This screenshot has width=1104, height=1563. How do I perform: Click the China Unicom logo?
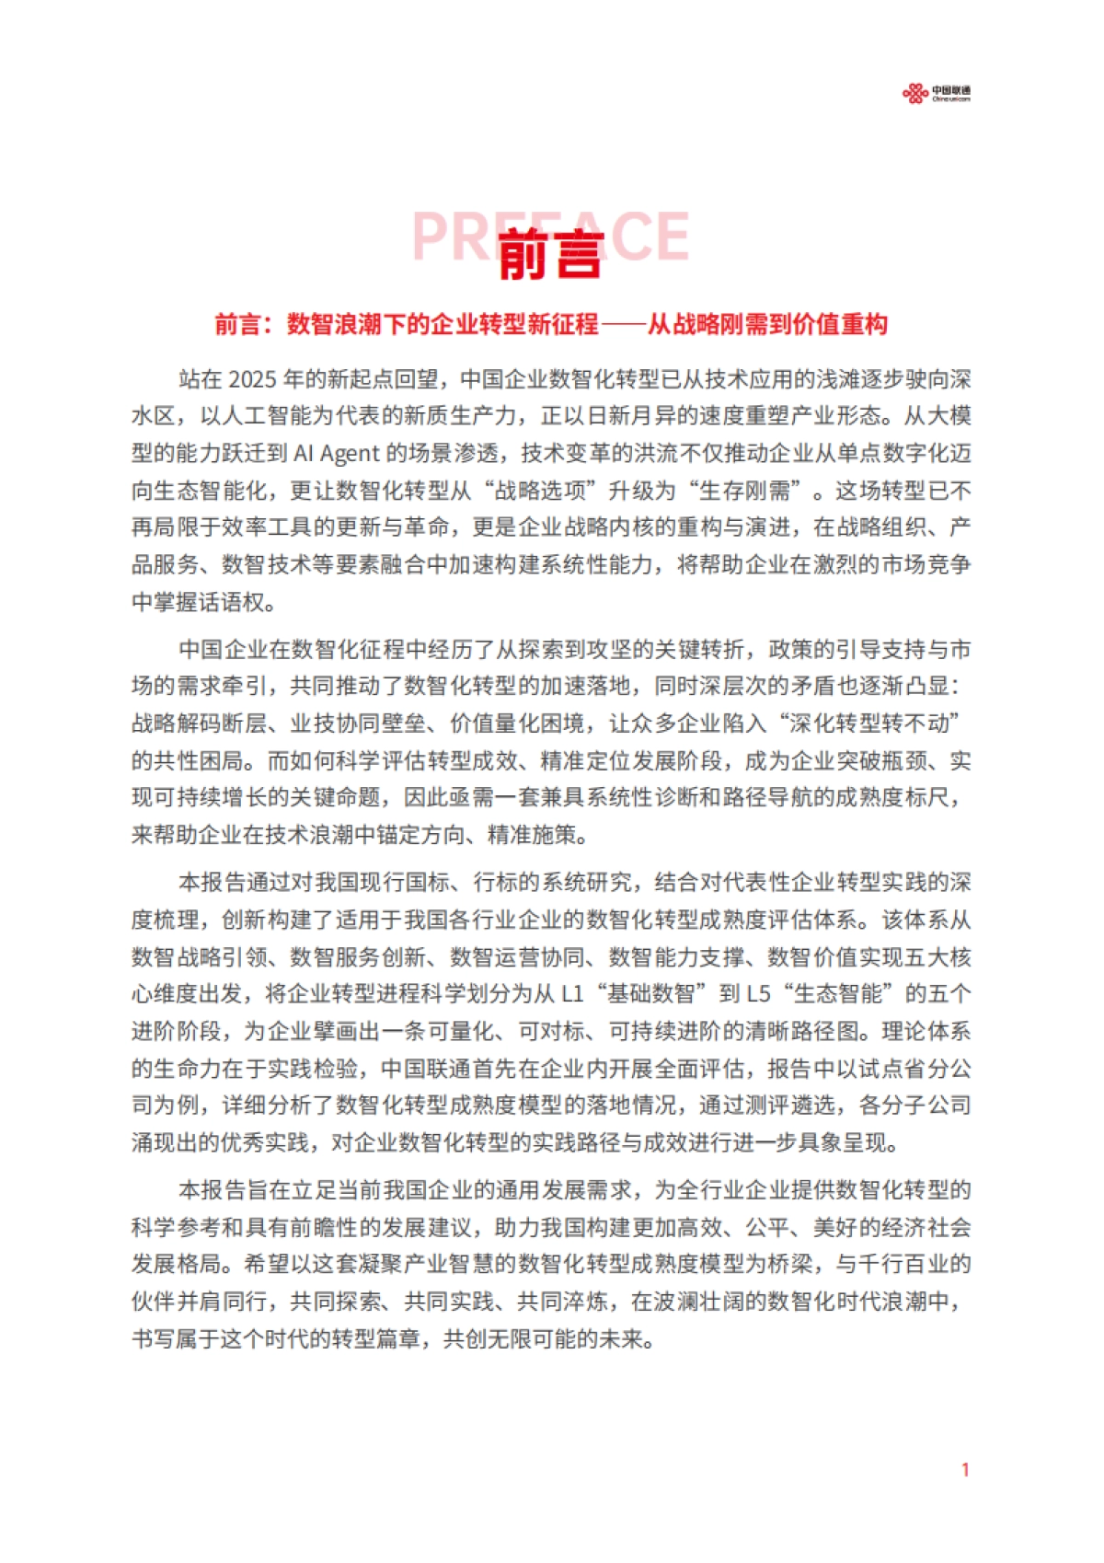(x=936, y=93)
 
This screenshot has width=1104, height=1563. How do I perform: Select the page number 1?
(x=965, y=1469)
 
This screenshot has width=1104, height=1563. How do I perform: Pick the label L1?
(x=572, y=994)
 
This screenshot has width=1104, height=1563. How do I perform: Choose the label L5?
(x=759, y=994)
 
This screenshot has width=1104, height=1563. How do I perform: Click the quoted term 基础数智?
(x=650, y=994)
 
